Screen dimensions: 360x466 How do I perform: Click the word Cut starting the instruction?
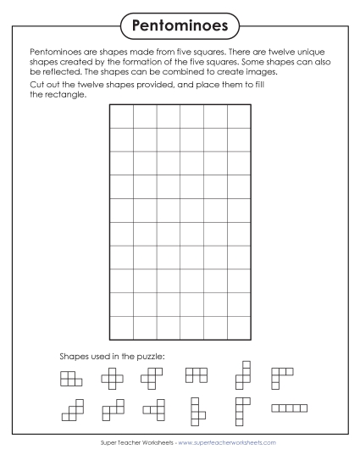pos(36,85)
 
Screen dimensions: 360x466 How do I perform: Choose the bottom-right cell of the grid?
pos(239,328)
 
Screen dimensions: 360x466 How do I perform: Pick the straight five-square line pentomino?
pos(289,408)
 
